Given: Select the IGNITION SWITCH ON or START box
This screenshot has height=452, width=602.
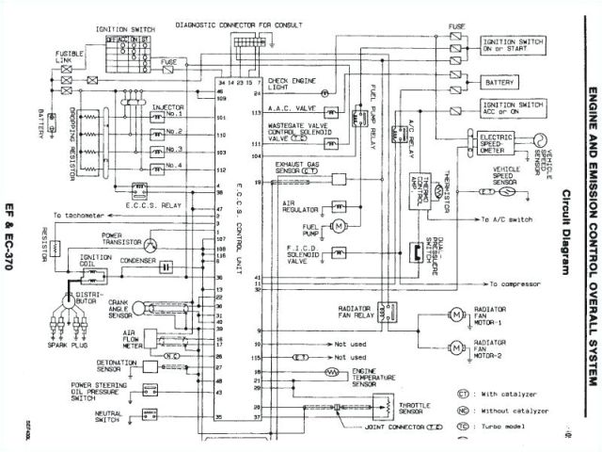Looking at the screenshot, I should (x=513, y=47).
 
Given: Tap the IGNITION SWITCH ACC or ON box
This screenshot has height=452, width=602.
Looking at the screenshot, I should (x=513, y=109).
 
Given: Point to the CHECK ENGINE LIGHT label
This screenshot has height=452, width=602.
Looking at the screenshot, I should (x=292, y=87).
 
